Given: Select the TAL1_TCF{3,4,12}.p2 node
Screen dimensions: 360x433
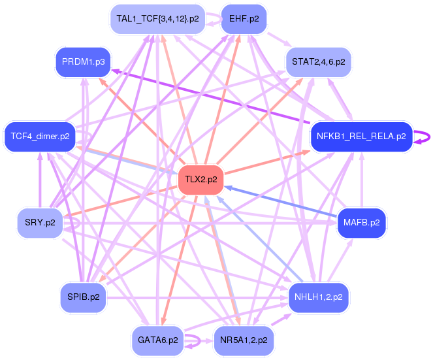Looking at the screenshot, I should tap(157, 18).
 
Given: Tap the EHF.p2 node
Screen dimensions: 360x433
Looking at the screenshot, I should tap(244, 18).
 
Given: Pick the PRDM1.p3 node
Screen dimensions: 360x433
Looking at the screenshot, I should tap(82, 62).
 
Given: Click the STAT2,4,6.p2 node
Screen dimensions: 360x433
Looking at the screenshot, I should tap(319, 62).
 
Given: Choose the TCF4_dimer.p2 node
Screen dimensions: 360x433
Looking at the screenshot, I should tap(40, 137).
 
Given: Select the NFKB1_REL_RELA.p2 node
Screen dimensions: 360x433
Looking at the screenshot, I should tap(361, 137).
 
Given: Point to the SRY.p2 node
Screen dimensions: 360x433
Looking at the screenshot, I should tap(40, 222).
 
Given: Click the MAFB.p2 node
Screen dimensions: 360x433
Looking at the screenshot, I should tap(361, 222).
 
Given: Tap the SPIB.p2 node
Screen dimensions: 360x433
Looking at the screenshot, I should tap(83, 297).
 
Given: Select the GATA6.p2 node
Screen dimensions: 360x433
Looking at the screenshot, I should tap(157, 340).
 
